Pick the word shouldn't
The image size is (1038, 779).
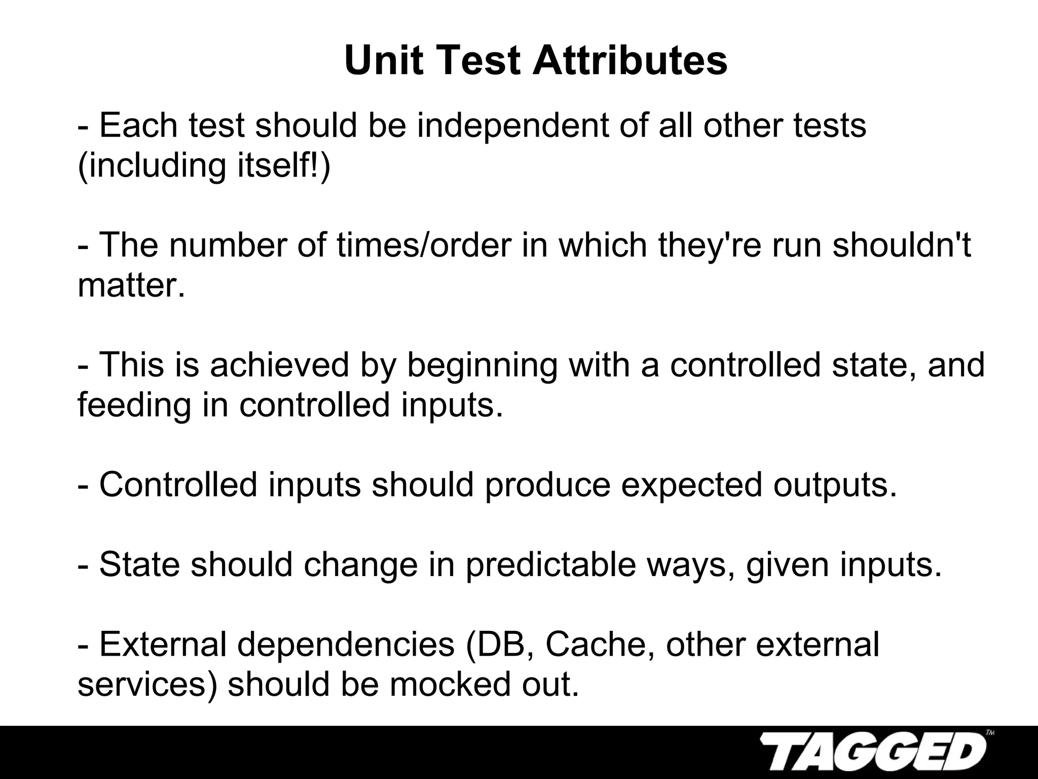(902, 245)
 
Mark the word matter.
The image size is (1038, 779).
(131, 286)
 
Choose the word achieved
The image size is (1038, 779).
(280, 365)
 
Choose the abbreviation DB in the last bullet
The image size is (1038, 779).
(499, 645)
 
